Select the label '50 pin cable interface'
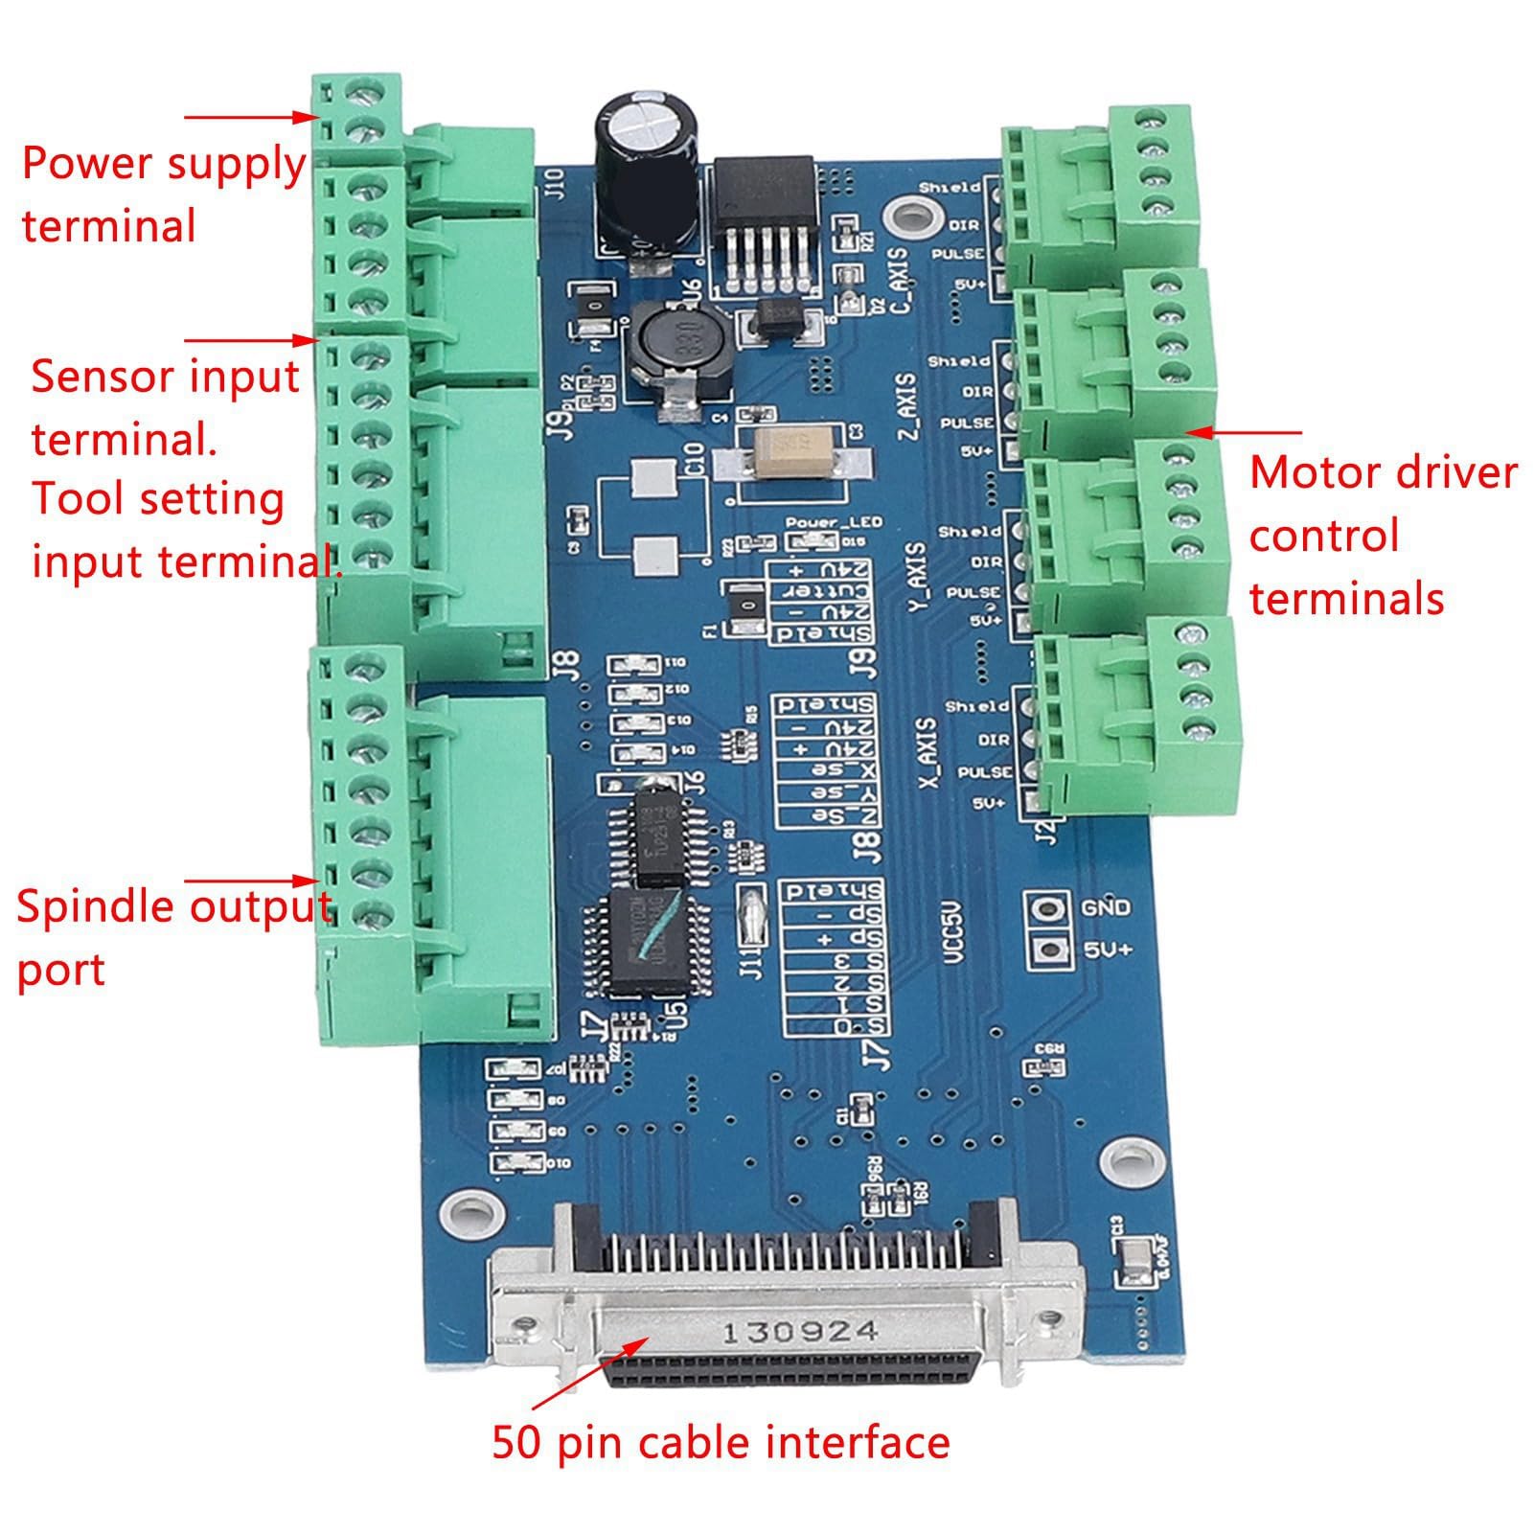click(721, 1441)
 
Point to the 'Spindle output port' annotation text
click(172, 937)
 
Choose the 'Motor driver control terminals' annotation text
click(1381, 536)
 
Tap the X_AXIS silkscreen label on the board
click(927, 752)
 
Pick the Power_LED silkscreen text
click(834, 523)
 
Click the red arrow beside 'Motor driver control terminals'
click(1246, 432)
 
